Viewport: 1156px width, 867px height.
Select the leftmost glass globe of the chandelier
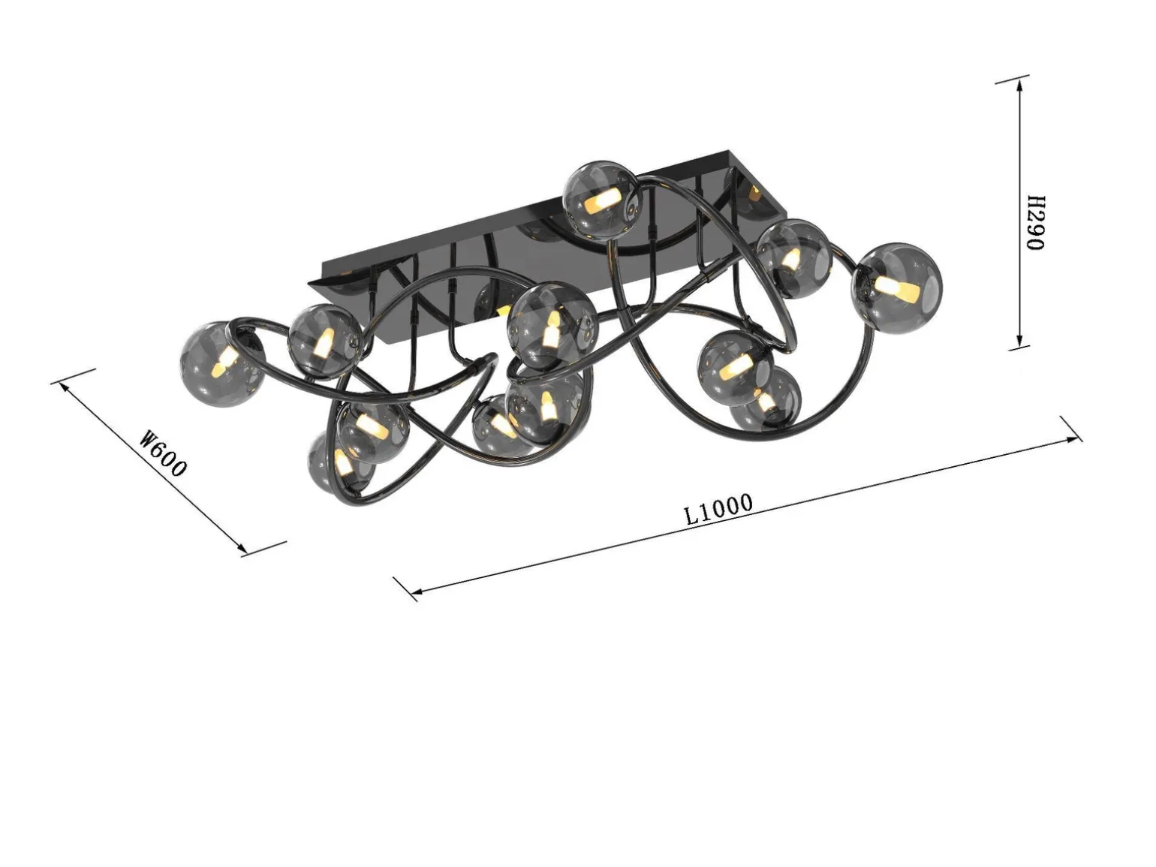[221, 364]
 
